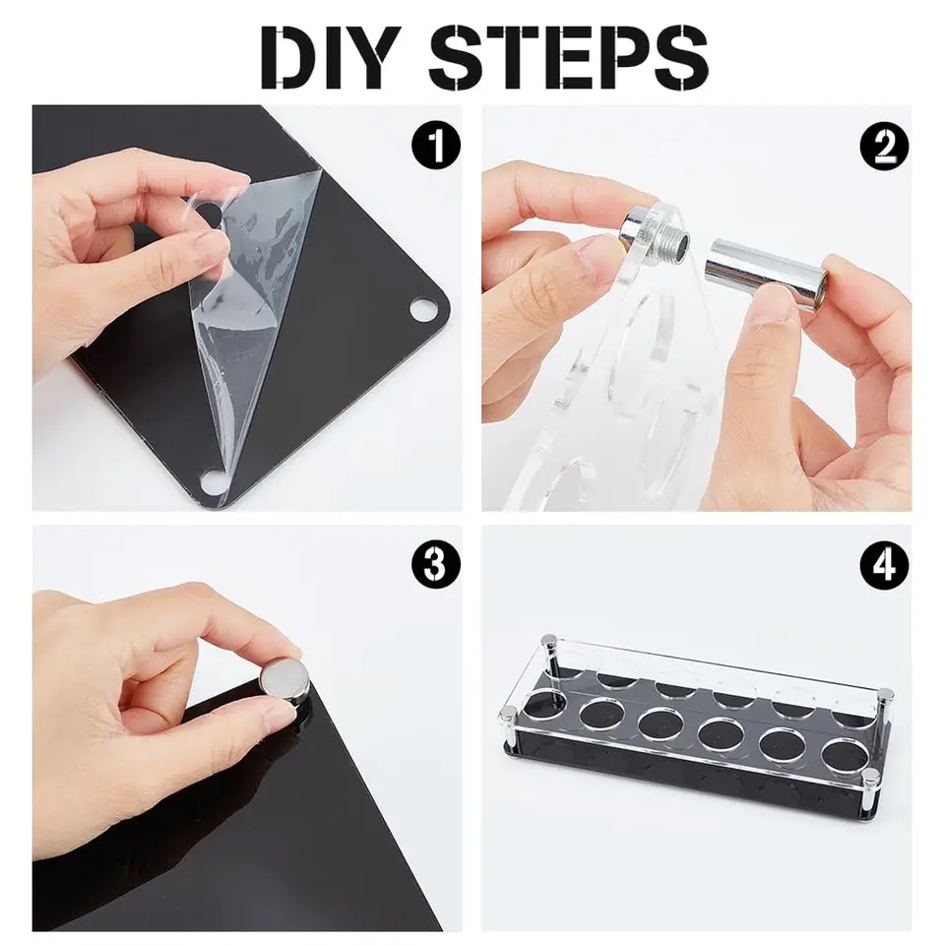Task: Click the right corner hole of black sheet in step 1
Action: pyautogui.click(x=424, y=311)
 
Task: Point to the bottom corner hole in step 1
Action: pyautogui.click(x=211, y=481)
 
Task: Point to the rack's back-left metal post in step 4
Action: pyautogui.click(x=549, y=655)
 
